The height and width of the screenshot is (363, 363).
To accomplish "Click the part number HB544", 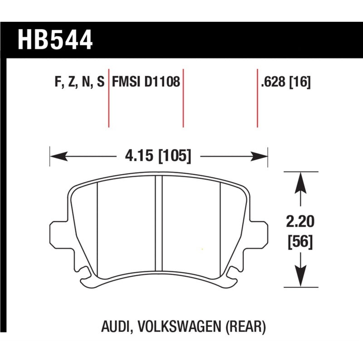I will (55, 39).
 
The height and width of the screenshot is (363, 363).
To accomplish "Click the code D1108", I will (162, 83).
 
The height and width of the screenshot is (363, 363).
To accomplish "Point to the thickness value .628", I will (274, 83).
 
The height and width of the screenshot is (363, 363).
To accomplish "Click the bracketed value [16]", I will (300, 83).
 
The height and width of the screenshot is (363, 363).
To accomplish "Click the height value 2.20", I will (300, 222).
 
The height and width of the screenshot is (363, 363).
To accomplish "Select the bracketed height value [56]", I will (300, 242).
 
